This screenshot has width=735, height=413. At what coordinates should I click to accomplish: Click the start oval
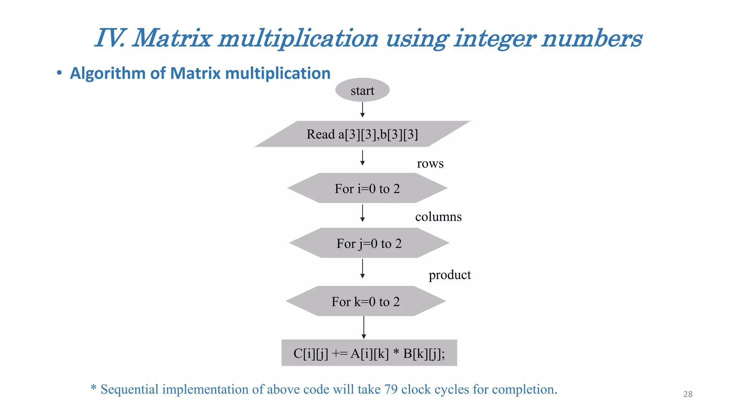[x=362, y=90]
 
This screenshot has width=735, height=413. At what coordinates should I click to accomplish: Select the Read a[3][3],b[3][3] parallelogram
[x=362, y=134]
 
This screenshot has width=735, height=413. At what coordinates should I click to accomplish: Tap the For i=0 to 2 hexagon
[x=367, y=188]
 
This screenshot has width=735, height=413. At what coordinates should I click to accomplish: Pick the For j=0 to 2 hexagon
[x=369, y=243]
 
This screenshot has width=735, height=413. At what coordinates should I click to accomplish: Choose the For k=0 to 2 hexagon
[x=365, y=301]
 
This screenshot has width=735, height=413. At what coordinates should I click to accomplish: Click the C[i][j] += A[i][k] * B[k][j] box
[x=369, y=353]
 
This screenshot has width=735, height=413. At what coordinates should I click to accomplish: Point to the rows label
[x=430, y=163]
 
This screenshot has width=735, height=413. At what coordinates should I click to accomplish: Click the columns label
[x=438, y=217]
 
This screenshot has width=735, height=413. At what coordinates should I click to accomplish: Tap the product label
[x=449, y=275]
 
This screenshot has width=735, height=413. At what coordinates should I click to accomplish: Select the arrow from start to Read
[x=362, y=110]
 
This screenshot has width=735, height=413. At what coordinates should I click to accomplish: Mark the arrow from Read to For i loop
[x=362, y=158]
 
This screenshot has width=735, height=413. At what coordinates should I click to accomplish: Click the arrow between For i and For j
[x=362, y=213]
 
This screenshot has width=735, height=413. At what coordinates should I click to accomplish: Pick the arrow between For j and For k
[x=362, y=269]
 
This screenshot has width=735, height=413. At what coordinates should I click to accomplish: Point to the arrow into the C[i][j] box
[x=364, y=327]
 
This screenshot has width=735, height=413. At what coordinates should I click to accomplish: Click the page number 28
[x=688, y=394]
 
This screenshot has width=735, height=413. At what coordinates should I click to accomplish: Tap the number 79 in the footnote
[x=391, y=389]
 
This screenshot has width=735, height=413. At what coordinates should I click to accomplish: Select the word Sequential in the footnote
[x=129, y=389]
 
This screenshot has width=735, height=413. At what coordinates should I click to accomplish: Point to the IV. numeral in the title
[x=109, y=38]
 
